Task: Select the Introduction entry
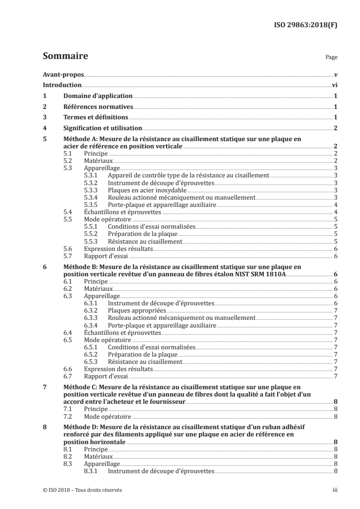click(x=62, y=85)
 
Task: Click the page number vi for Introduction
click(x=335, y=85)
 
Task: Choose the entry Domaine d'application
click(x=98, y=96)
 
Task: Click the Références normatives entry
click(x=98, y=107)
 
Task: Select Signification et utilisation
click(x=103, y=129)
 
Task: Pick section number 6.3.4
click(x=92, y=325)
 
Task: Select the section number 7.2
click(x=67, y=416)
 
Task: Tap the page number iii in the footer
click(x=335, y=490)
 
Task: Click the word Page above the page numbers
click(x=331, y=58)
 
